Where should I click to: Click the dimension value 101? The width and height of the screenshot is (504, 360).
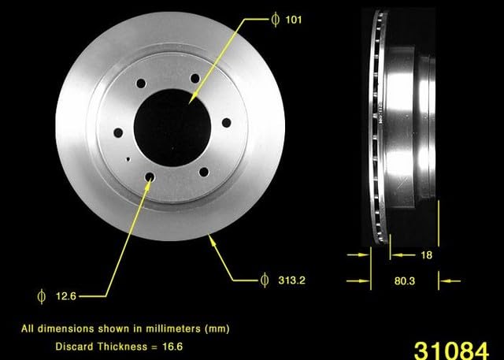point(294,20)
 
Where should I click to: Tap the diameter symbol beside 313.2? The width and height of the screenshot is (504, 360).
point(265,280)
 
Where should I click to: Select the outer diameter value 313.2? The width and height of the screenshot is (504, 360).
point(292,280)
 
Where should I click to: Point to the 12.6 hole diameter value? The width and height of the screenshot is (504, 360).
point(66,296)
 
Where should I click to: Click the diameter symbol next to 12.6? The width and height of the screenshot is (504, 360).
point(42,296)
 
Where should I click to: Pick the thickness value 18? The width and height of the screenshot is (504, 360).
point(426,255)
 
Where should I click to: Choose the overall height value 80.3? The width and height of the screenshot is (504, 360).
point(404,281)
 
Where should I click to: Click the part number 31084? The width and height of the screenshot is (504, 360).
point(451,351)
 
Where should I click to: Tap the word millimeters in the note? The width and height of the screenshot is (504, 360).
point(173,328)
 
